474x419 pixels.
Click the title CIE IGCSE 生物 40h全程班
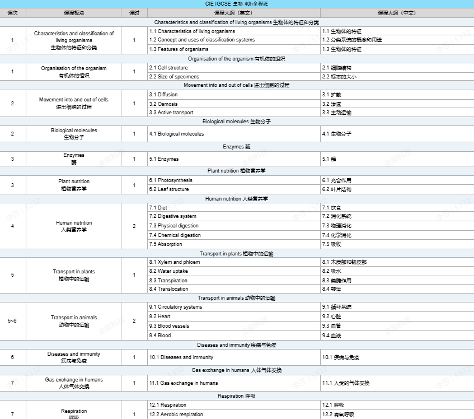click(x=237, y=4)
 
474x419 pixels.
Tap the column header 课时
click(x=134, y=12)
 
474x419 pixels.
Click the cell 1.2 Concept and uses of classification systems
click(x=202, y=40)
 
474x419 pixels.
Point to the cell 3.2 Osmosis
click(x=163, y=104)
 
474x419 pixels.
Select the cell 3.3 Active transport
click(x=171, y=113)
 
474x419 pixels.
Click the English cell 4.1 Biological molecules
click(x=176, y=134)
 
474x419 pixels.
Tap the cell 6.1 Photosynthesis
click(x=171, y=180)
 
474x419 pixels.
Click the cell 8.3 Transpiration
click(x=168, y=280)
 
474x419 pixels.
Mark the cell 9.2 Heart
click(x=161, y=316)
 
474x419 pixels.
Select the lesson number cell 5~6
click(x=12, y=321)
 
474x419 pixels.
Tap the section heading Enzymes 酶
click(x=237, y=147)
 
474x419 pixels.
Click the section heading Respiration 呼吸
click(x=237, y=396)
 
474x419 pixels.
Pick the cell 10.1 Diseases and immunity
click(x=181, y=357)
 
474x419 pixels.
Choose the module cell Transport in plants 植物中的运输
click(x=74, y=275)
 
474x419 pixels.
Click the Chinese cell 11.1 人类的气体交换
click(x=346, y=383)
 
